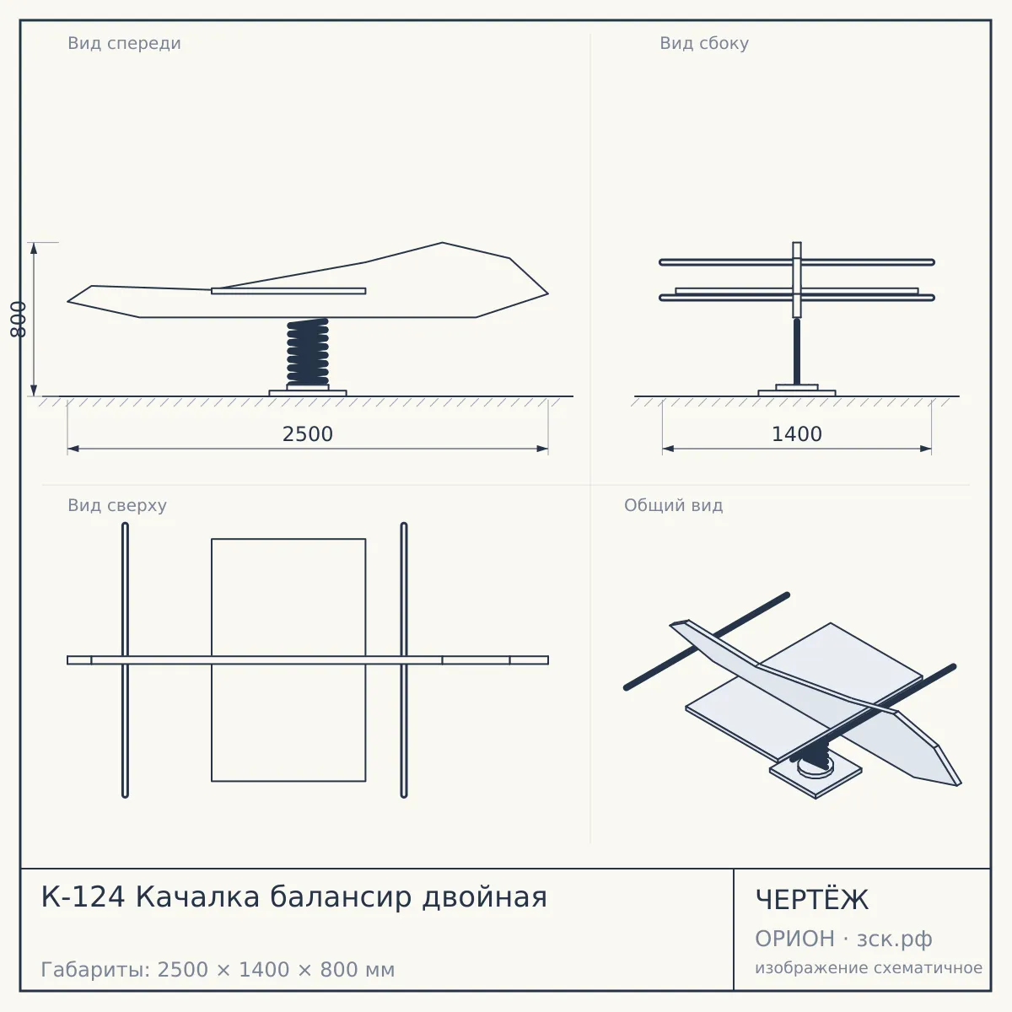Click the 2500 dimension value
point(308,434)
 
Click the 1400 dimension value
point(797,434)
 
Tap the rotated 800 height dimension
point(19,320)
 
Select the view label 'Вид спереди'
point(125,43)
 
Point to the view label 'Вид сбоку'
point(704,43)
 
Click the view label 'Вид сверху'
point(117,505)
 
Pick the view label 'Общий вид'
point(673,505)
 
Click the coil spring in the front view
point(308,352)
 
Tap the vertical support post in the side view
point(797,351)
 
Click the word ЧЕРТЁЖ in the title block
point(812,900)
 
